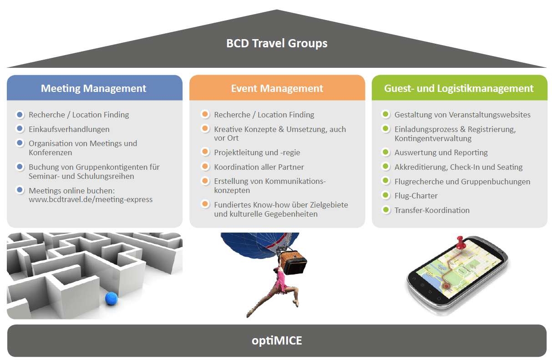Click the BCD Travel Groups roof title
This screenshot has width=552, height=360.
(x=277, y=44)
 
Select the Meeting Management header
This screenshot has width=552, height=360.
(x=94, y=88)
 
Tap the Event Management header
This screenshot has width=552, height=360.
(x=277, y=88)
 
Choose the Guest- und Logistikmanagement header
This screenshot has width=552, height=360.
(x=459, y=88)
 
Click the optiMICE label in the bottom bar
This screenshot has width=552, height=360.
(x=277, y=340)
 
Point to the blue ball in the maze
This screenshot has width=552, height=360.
(x=111, y=299)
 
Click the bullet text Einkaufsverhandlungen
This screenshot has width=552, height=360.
(x=69, y=129)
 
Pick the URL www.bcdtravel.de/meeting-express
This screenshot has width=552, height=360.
(x=91, y=199)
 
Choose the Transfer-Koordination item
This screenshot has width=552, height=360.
(x=432, y=210)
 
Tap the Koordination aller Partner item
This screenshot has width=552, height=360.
(x=259, y=167)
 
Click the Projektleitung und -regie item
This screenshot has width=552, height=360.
(x=257, y=152)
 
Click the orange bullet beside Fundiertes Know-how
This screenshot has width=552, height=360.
(x=205, y=204)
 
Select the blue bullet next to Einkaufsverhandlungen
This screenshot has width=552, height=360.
(x=20, y=129)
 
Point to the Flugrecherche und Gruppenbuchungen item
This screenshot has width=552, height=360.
(x=462, y=182)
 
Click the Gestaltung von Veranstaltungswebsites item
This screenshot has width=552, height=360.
(x=462, y=115)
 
